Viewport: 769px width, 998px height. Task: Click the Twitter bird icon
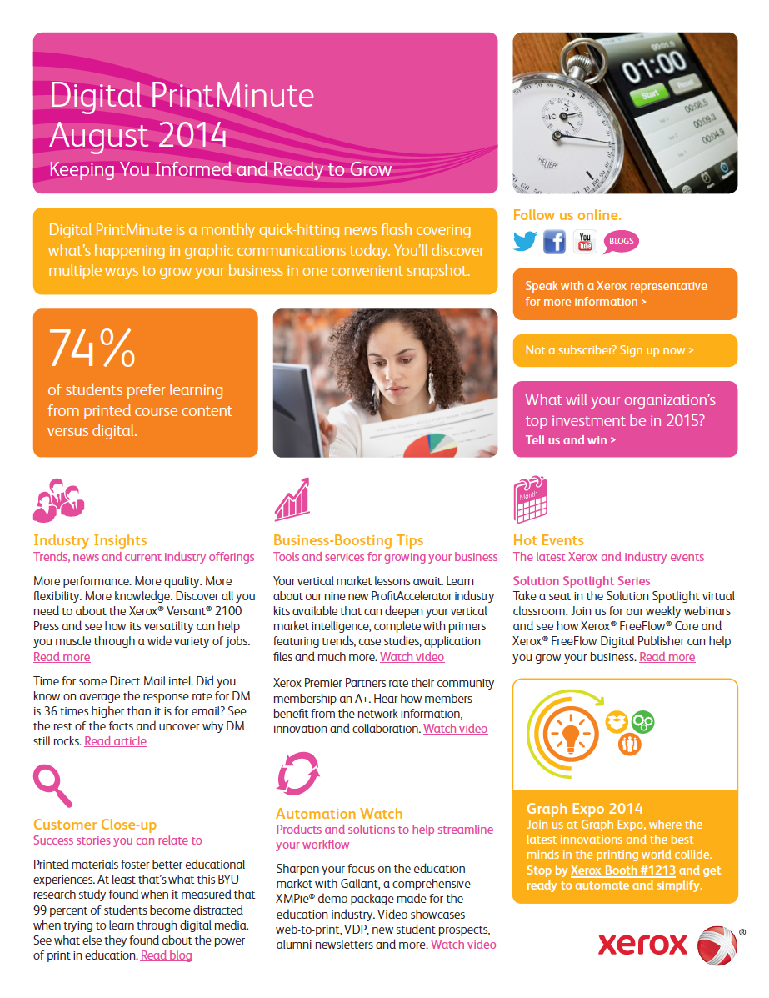525,242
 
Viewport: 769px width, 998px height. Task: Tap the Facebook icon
554,242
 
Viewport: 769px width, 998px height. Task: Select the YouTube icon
585,242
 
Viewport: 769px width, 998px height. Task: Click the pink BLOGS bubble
622,242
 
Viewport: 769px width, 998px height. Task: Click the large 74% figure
92,349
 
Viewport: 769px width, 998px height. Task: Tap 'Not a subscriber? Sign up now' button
609,350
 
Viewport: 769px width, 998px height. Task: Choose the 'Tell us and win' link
571,440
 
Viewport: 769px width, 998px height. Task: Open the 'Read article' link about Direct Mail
115,741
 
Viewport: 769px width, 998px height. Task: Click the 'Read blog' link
166,955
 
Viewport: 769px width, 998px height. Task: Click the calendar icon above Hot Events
530,499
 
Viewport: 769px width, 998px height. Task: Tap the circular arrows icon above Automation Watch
298,773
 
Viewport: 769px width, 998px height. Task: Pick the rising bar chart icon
292,500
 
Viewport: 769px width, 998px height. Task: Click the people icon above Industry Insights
58,500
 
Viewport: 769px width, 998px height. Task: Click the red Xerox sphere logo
717,945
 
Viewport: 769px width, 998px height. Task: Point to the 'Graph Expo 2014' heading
585,808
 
